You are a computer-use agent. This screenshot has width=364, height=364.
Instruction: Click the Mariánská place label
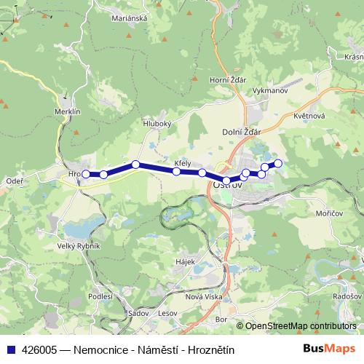click(130, 20)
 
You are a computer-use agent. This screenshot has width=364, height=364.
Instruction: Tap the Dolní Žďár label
click(241, 131)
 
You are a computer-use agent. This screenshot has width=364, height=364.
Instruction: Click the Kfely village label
click(182, 163)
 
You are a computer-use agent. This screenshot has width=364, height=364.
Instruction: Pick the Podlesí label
click(100, 297)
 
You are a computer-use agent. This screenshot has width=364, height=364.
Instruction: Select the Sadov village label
click(137, 313)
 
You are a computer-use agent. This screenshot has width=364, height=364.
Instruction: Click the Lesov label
click(167, 313)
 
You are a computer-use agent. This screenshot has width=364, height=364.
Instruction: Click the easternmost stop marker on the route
click(277, 162)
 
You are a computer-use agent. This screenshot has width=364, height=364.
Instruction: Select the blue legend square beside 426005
click(10, 349)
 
